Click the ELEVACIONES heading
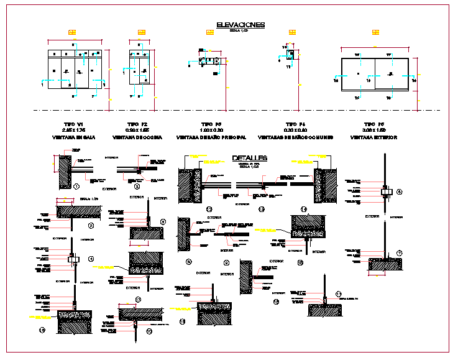point(240,25)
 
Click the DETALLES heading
point(250,159)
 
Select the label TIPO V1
point(78,124)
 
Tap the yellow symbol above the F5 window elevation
point(375,32)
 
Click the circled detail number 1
point(76,186)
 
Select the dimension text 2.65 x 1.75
point(78,131)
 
